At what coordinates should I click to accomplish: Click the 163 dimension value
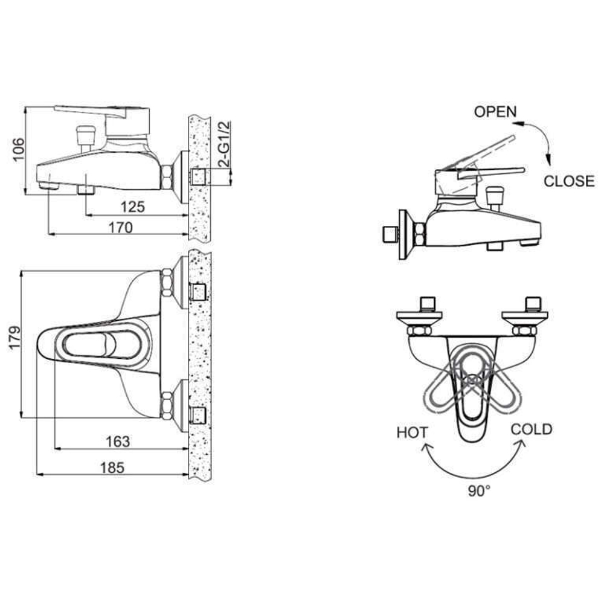(117, 442)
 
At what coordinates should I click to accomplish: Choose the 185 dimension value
(112, 467)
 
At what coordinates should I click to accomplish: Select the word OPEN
(495, 111)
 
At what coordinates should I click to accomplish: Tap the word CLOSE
(569, 181)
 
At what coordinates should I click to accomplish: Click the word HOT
(413, 432)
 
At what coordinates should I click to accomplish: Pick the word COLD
(532, 429)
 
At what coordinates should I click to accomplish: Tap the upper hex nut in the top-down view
(166, 282)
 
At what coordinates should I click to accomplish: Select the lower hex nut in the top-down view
(166, 403)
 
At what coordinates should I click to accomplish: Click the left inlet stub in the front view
(427, 302)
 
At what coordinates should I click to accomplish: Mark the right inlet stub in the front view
(532, 302)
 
